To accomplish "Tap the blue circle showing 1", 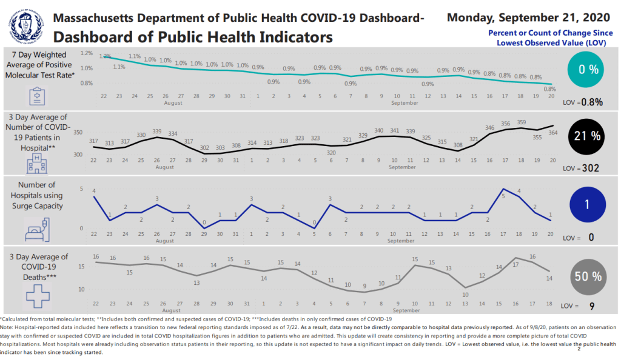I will click(588, 204).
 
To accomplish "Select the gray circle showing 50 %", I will click(588, 276).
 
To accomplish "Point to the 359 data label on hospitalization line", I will click(522, 123).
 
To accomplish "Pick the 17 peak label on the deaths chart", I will click(516, 265).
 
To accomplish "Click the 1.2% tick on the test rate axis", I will click(86, 53).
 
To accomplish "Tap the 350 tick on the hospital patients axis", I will click(78, 132).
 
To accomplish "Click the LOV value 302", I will click(590, 168).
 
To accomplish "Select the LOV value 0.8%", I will click(592, 102).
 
